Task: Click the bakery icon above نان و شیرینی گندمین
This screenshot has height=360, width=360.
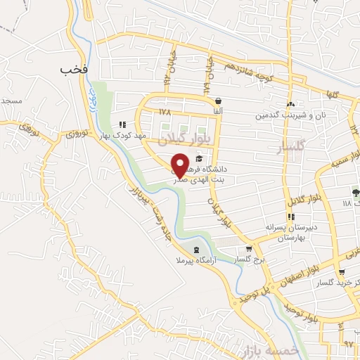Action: (x=290, y=105)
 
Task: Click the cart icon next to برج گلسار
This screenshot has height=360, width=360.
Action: (x=247, y=249)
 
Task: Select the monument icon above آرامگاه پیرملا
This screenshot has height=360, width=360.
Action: (x=195, y=251)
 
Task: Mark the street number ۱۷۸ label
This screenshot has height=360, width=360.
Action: (x=165, y=112)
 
